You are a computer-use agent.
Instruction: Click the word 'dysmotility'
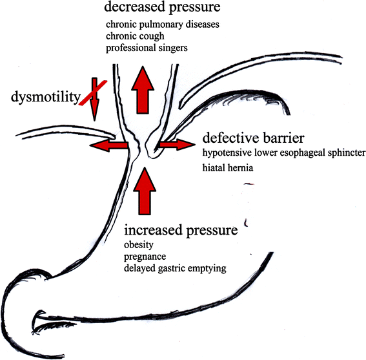point(43,98)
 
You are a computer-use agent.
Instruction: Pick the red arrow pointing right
point(175,145)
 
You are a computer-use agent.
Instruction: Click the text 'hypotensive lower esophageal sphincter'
point(284,153)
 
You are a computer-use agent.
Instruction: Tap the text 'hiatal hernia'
point(226,167)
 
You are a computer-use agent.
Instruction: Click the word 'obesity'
point(137,245)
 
